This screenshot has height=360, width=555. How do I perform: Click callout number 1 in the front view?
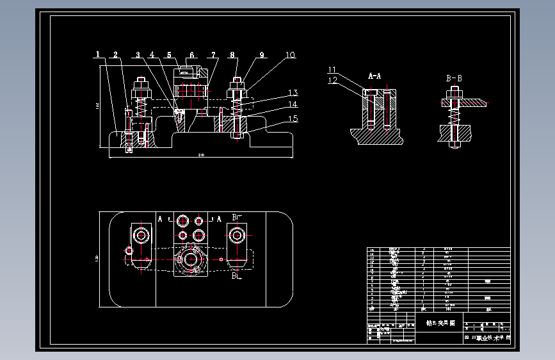coord(99,54)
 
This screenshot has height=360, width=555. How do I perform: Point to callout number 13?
coord(293,93)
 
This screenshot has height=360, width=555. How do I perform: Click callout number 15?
coord(293,118)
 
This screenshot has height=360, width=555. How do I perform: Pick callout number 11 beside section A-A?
coord(332,70)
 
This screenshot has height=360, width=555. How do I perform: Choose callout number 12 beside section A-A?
coord(332,80)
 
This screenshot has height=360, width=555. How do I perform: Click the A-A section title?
coord(374,76)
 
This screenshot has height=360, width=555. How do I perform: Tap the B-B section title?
coord(454,78)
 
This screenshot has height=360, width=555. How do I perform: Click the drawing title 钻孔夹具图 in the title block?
coord(435,323)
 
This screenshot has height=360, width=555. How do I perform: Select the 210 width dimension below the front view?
coord(201,155)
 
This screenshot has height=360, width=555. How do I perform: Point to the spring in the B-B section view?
coord(455,116)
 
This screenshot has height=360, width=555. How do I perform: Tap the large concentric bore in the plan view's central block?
coord(189,259)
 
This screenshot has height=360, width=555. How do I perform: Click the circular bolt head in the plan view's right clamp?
coord(237,235)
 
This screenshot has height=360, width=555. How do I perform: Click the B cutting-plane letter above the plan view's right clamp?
coord(236,218)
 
